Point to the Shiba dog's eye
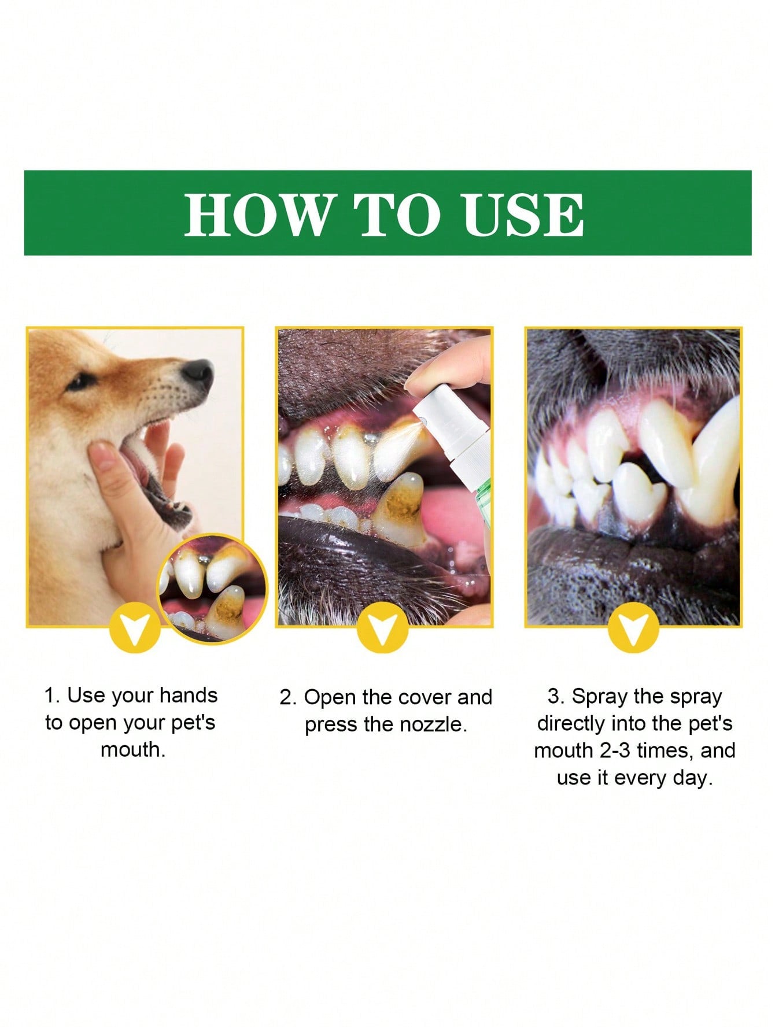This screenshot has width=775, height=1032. (x=82, y=382)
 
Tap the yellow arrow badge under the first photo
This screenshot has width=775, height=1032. (x=134, y=628)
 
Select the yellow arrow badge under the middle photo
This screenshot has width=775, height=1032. (x=382, y=628)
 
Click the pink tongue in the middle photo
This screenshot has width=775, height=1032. (x=457, y=515)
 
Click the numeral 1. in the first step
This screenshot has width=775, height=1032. (x=53, y=696)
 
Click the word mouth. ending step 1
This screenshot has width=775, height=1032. (x=133, y=750)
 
